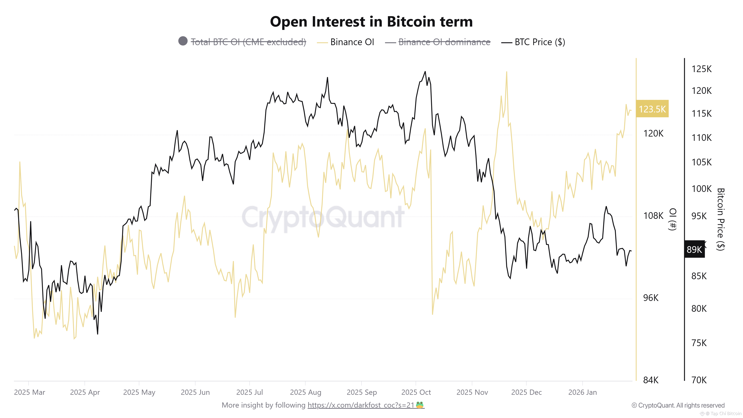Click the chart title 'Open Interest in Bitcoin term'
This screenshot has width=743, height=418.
(371, 22)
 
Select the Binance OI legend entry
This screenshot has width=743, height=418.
(352, 42)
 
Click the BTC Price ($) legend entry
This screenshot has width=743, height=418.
(539, 42)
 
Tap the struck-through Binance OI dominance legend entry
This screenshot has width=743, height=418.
(444, 42)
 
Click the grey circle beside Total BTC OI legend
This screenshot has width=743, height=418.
(183, 41)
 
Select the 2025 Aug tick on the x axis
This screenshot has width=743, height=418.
(305, 392)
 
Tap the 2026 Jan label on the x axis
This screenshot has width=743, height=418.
(582, 392)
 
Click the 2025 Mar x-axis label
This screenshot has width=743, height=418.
(29, 392)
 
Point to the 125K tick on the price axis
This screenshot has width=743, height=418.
(701, 69)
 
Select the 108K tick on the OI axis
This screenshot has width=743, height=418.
(653, 216)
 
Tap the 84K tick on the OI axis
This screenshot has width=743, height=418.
(651, 380)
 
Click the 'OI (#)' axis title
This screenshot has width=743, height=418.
(673, 219)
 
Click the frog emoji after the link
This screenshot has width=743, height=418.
(420, 405)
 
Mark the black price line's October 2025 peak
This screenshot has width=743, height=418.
(425, 72)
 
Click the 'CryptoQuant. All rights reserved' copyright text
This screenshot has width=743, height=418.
(678, 405)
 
